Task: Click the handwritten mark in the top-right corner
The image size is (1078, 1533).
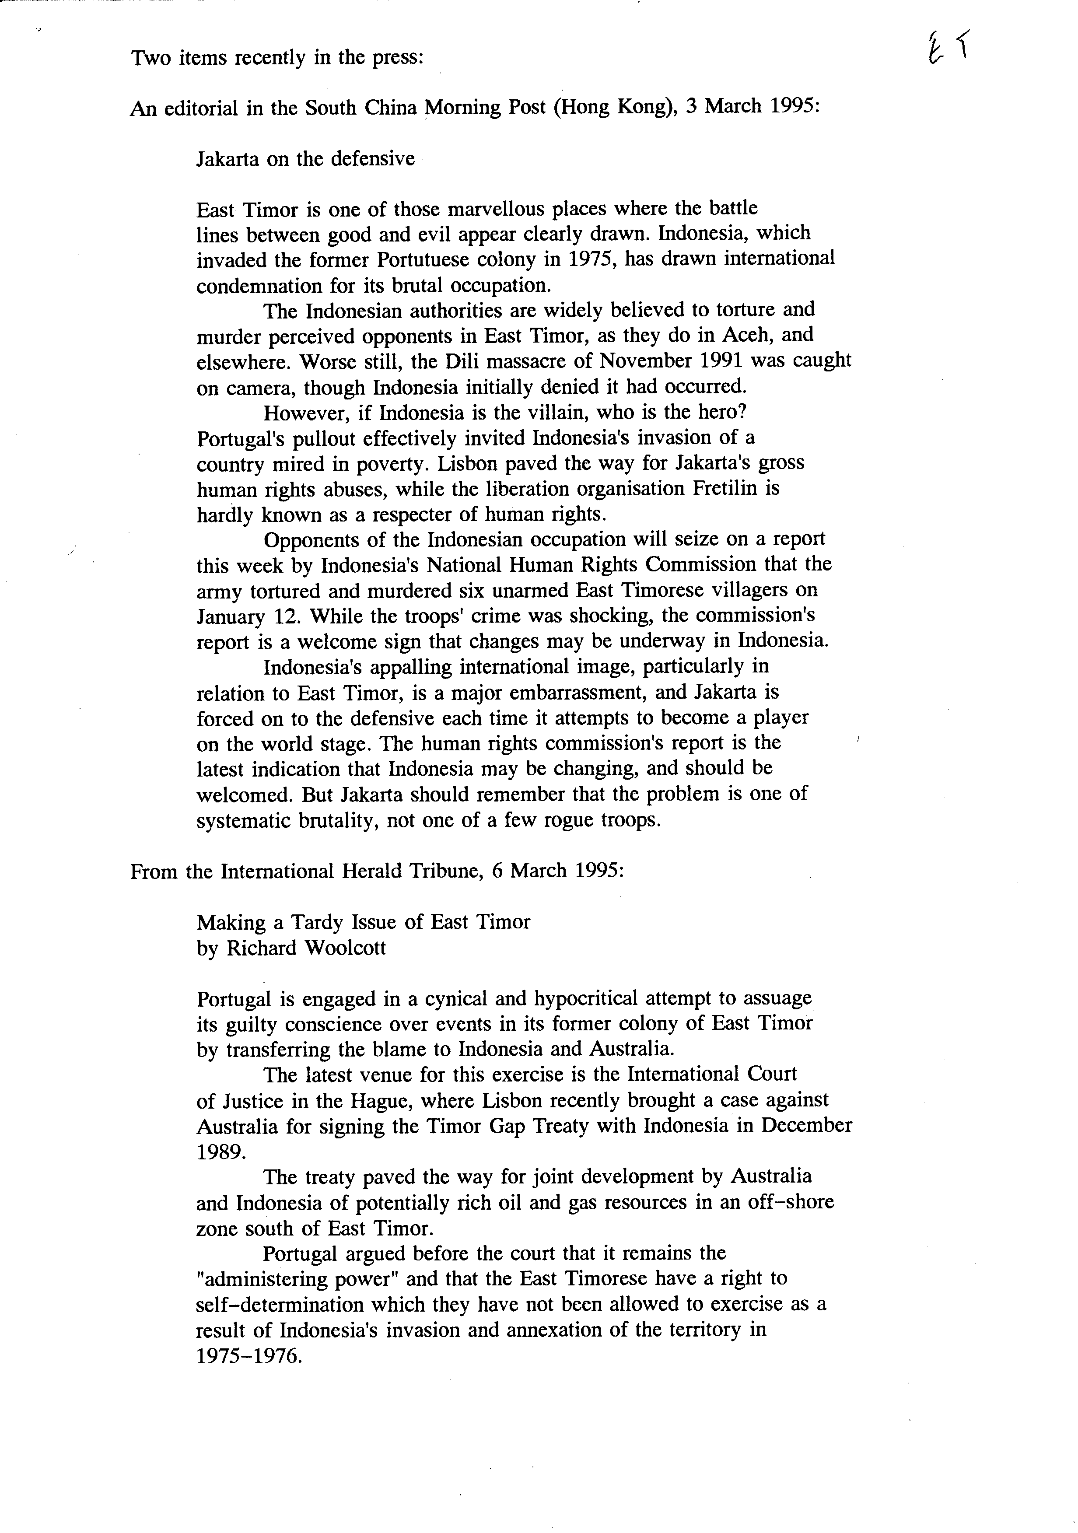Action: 946,50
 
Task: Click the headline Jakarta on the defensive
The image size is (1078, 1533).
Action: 305,159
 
